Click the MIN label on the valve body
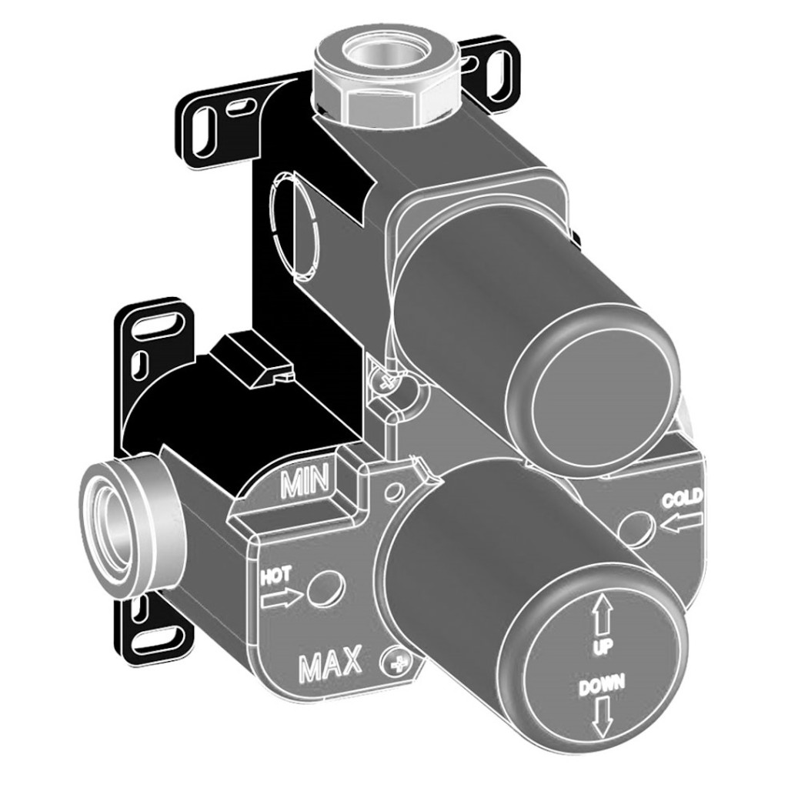click(x=305, y=480)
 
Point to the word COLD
click(x=682, y=500)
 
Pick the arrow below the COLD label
click(x=681, y=523)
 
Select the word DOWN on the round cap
click(x=602, y=686)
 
